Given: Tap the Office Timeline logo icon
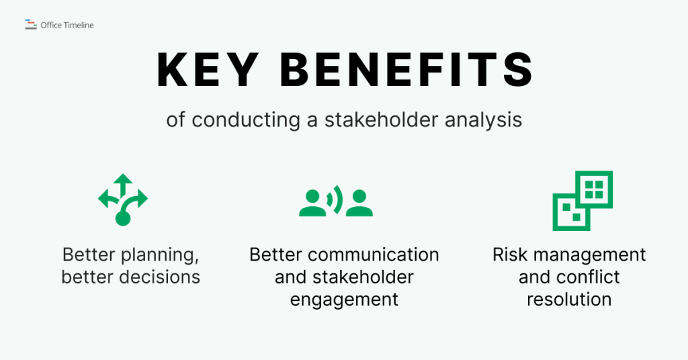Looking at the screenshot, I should tap(30, 25).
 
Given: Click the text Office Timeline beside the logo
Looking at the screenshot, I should tap(67, 26).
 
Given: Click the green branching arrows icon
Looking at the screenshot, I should tap(122, 199).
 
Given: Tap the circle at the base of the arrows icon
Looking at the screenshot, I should tap(122, 218).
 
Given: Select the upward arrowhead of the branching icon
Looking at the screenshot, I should tap(122, 179).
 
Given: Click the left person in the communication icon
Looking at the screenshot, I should tap(312, 203).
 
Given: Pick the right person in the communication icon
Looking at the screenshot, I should tap(359, 203).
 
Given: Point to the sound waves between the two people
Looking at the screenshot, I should tap(336, 199).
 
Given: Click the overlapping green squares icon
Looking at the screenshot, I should tap(582, 200).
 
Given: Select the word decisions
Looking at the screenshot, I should tap(159, 277).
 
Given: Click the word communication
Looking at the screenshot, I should tap(373, 255).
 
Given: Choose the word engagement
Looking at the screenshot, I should tap(344, 299).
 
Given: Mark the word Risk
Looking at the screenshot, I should tap(508, 255).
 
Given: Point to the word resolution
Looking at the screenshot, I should tap(569, 299).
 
